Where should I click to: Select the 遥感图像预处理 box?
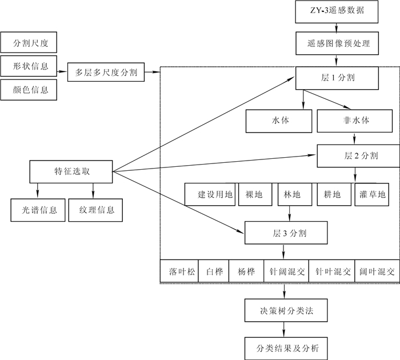336,43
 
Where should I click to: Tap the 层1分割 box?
336,77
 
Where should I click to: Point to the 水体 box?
279,121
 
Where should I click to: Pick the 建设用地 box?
210,195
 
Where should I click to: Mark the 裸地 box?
253,195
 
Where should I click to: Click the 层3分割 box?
286,233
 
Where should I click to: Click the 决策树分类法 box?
286,312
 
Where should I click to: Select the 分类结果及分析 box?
286,347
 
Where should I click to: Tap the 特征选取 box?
71,170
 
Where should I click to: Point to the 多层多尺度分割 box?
106,72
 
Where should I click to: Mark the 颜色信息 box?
29,90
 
